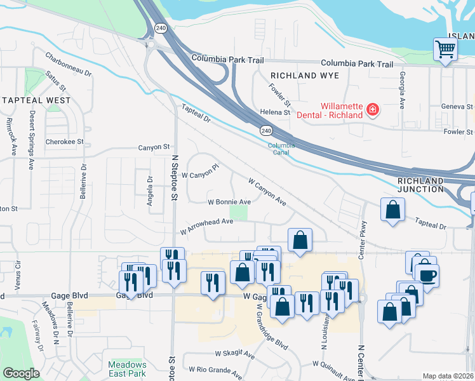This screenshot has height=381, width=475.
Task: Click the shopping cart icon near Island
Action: tap(446, 49)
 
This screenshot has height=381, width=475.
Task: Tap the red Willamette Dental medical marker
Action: tap(373, 110)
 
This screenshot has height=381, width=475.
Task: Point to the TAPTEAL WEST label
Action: tap(36, 100)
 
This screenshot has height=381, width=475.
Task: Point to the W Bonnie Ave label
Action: tap(229, 202)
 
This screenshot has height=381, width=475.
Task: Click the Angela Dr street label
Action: tap(151, 187)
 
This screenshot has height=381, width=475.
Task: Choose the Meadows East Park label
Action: tap(127, 369)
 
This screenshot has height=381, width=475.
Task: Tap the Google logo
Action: tap(22, 373)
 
